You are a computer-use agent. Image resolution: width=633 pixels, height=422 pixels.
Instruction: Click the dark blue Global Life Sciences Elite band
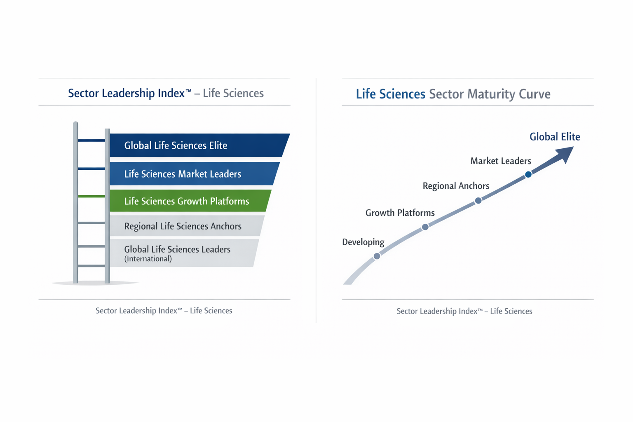click(198, 145)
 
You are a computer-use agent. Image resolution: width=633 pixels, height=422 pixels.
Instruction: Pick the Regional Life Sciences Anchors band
click(185, 226)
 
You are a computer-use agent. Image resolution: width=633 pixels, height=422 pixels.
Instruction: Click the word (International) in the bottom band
click(148, 259)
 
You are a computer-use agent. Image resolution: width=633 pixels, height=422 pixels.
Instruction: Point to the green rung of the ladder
click(91, 196)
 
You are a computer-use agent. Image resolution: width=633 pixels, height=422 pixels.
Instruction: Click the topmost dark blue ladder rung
click(91, 141)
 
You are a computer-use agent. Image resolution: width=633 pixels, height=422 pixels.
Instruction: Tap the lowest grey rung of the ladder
click(91, 266)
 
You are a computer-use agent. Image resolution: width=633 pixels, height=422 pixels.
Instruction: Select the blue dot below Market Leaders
click(528, 175)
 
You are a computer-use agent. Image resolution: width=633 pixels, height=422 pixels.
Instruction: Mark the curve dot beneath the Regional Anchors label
click(478, 201)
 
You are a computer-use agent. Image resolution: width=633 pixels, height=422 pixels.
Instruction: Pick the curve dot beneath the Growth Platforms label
click(425, 227)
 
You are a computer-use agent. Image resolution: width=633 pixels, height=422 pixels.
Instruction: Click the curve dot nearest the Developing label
click(377, 256)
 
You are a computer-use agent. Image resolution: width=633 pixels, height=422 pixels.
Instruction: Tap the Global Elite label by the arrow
click(555, 137)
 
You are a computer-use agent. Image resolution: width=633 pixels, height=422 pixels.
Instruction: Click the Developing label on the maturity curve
click(363, 242)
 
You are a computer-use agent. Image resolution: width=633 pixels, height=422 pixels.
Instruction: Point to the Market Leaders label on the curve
click(501, 161)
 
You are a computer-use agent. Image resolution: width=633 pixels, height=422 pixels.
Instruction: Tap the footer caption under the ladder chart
click(164, 311)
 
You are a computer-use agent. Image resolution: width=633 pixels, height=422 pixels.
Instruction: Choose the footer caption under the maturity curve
click(464, 311)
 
